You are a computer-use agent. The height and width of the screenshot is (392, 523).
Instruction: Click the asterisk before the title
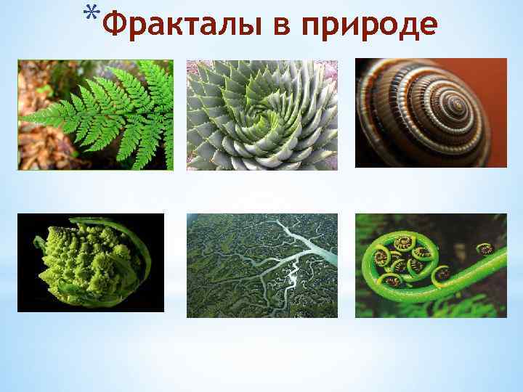click(x=91, y=15)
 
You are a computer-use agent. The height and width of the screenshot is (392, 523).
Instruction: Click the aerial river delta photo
click(x=262, y=266)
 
